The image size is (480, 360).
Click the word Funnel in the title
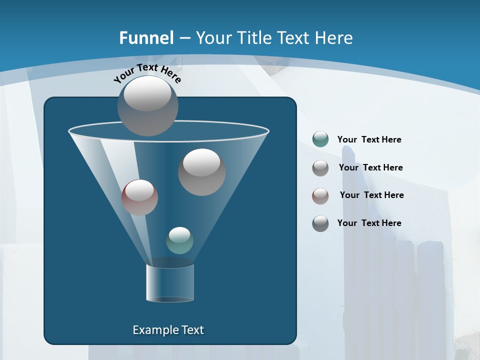tap(146, 38)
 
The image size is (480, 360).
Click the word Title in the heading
tap(253, 38)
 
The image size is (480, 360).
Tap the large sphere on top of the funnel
tap(147, 106)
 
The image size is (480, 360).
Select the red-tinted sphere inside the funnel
tap(139, 197)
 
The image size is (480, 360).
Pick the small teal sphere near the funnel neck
tap(179, 240)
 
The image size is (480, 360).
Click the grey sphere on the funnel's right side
tap(201, 172)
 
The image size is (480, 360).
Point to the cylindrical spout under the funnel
tap(169, 282)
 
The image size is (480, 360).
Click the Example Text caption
tap(168, 330)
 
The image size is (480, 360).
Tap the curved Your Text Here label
tap(147, 72)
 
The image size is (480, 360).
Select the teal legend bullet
tap(320, 139)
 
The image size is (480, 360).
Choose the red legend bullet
tap(320, 195)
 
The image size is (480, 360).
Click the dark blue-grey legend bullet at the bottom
tap(320, 223)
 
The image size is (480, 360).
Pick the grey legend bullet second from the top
tap(320, 168)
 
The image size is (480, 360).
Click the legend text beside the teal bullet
tap(369, 139)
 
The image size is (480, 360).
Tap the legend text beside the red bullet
tap(371, 195)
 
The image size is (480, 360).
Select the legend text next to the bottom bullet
tap(369, 223)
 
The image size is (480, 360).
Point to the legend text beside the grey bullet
tap(370, 167)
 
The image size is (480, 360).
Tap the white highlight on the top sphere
tap(147, 93)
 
